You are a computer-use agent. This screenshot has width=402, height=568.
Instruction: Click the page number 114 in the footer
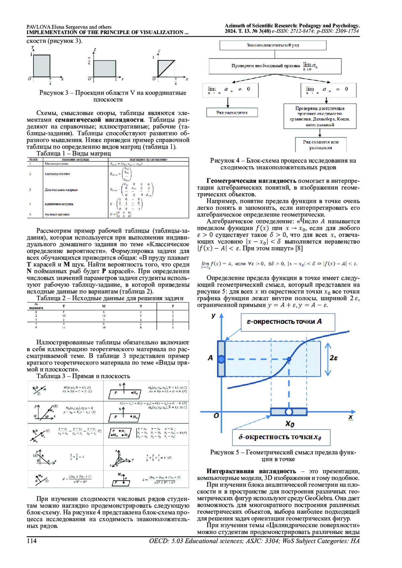[x=31, y=541]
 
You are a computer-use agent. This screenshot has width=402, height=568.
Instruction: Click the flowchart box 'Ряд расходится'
[x=232, y=112]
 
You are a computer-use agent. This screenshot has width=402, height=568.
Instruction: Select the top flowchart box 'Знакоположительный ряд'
[x=273, y=45]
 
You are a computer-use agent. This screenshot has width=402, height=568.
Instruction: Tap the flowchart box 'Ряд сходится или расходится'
[x=321, y=145]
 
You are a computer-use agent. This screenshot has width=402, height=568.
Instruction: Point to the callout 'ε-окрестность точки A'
[x=288, y=322]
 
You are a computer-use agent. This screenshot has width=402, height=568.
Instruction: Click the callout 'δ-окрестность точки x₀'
[x=281, y=437]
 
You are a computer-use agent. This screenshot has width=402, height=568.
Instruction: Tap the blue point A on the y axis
[x=221, y=359]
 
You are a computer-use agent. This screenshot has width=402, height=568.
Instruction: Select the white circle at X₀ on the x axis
[x=289, y=412]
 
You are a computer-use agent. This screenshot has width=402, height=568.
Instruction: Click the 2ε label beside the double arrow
[x=334, y=358]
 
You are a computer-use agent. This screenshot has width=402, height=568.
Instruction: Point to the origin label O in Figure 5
[x=216, y=416]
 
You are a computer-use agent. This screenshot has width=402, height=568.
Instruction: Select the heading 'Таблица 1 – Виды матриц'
[x=73, y=154]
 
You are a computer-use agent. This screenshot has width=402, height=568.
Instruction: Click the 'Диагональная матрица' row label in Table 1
[x=61, y=190]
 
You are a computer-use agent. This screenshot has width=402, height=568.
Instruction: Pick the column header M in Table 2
[x=104, y=306]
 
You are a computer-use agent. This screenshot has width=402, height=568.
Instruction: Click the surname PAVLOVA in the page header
[x=39, y=27]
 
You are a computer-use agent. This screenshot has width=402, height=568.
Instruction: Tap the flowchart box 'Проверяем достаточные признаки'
[x=320, y=116]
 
